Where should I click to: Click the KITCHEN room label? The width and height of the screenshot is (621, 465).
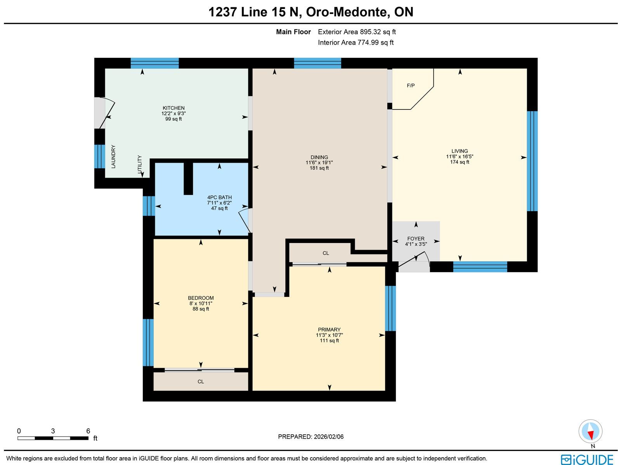[x=173, y=108]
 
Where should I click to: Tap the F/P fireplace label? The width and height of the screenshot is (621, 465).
[x=411, y=85]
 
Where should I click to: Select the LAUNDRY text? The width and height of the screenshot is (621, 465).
[x=113, y=156]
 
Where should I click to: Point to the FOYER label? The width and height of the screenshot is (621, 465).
[x=416, y=239]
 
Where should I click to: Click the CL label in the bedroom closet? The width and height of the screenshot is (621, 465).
[x=201, y=382]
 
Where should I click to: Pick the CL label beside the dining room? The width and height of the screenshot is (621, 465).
[x=326, y=253]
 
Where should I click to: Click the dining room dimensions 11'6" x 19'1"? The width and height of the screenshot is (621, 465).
[x=319, y=163]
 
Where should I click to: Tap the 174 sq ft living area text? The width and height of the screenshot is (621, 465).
[x=460, y=162]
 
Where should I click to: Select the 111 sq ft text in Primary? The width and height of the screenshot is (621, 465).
[x=329, y=340]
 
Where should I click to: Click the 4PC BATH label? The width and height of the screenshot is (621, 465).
[x=219, y=198]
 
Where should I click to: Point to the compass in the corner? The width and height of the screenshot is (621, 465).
[x=590, y=432]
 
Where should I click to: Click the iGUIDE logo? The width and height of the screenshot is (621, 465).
[x=587, y=459]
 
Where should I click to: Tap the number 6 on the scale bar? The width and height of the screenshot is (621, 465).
[x=88, y=431]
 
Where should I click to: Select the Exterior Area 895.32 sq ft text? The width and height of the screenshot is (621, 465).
[x=357, y=32]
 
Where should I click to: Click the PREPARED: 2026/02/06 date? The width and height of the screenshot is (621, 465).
[x=310, y=437]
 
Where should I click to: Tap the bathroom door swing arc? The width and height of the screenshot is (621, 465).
[x=244, y=220]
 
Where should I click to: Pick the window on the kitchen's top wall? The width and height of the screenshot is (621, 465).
[x=154, y=63]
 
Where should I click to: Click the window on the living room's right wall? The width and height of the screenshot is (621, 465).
[x=532, y=161]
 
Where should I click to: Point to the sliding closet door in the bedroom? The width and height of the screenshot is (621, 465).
[x=199, y=370]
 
